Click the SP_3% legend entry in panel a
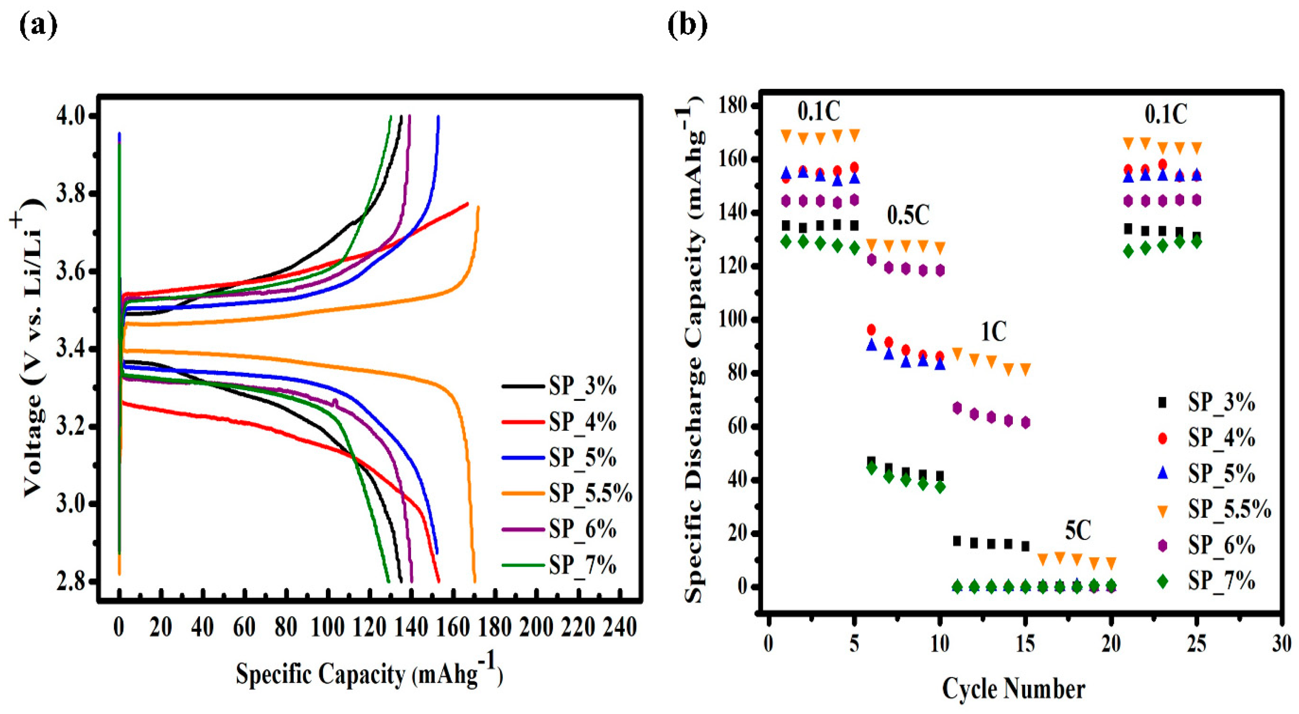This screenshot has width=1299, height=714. pos(582,386)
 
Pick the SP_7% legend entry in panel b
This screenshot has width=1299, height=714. pos(1221,581)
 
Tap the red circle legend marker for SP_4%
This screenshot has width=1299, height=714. pos(1163,438)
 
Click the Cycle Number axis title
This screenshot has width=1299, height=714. pos(1014,689)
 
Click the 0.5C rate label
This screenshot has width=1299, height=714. pos(908,216)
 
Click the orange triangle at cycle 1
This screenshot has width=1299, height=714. pos(786,135)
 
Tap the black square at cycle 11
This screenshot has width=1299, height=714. pos(956,541)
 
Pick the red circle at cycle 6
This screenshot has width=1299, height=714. pos(871,330)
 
